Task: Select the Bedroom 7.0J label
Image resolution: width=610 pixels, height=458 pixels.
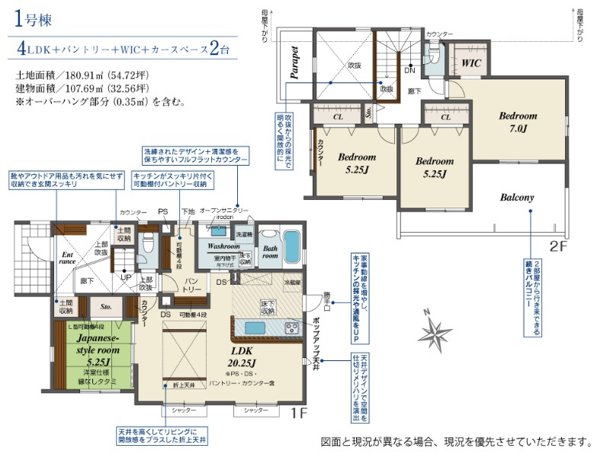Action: pyautogui.click(x=518, y=122)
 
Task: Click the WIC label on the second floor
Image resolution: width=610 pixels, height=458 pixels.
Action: pyautogui.click(x=470, y=63)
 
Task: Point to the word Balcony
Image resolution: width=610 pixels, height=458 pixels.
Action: pyautogui.click(x=517, y=197)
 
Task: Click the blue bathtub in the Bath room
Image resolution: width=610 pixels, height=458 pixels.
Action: pyautogui.click(x=291, y=247)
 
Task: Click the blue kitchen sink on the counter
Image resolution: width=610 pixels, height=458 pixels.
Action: pyautogui.click(x=255, y=327)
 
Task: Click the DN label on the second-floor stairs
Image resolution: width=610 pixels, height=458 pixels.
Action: pyautogui.click(x=409, y=69)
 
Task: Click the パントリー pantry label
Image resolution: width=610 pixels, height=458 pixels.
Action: pyautogui.click(x=193, y=285)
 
